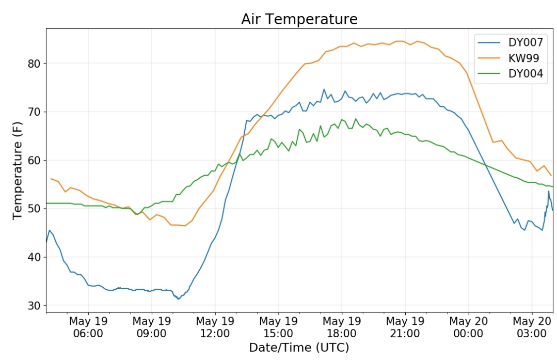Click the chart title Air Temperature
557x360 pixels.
tap(299, 19)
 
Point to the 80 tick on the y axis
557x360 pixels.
tap(34, 64)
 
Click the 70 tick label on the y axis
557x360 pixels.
tap(34, 112)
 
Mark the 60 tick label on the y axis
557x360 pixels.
tap(34, 160)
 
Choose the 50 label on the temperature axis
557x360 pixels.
tap(34, 209)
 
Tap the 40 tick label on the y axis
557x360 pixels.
tap(34, 257)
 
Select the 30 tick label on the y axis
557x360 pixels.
tap(34, 305)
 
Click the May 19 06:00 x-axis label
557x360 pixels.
tap(88, 327)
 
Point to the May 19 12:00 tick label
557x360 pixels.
tap(215, 327)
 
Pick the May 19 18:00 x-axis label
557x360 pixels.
tap(342, 327)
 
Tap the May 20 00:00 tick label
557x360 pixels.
tap(469, 327)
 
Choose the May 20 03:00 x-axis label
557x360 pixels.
tap(532, 327)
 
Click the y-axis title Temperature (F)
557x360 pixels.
tap(18, 170)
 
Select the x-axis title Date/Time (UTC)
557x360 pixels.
tap(299, 348)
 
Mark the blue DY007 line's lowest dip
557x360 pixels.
tap(179, 299)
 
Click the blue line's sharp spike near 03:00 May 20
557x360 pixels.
tap(548, 191)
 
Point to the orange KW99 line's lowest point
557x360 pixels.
tap(184, 226)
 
